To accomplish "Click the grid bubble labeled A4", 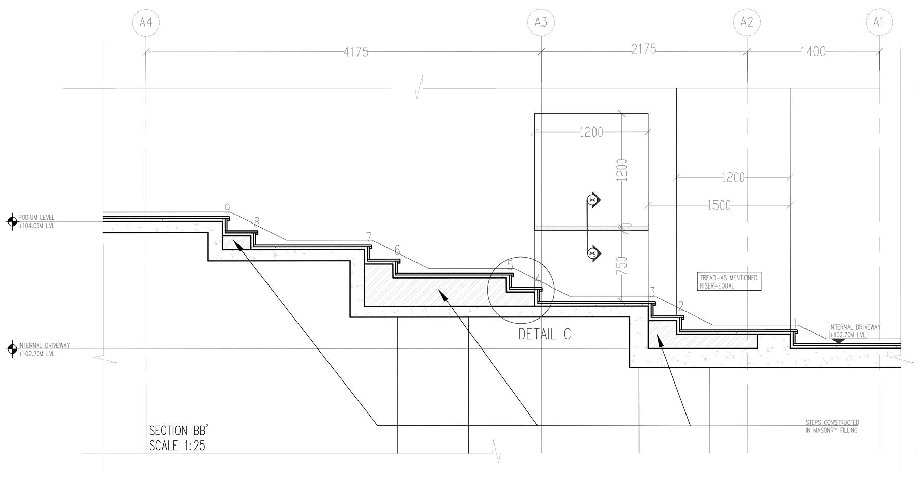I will [145, 22].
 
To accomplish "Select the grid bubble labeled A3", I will [541, 22].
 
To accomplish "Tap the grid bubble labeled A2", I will [747, 22].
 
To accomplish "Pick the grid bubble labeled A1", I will [879, 22].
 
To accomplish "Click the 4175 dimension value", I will [356, 52].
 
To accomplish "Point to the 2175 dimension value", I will [643, 50].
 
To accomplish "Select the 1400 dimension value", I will [813, 52].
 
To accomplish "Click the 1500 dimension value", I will [719, 206].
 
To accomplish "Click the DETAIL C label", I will [544, 334].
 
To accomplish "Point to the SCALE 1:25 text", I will [177, 446].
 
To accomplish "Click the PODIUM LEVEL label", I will [37, 218].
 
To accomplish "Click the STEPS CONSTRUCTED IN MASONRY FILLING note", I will [832, 426].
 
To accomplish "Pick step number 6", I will [397, 250].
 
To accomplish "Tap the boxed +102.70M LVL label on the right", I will [848, 335].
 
